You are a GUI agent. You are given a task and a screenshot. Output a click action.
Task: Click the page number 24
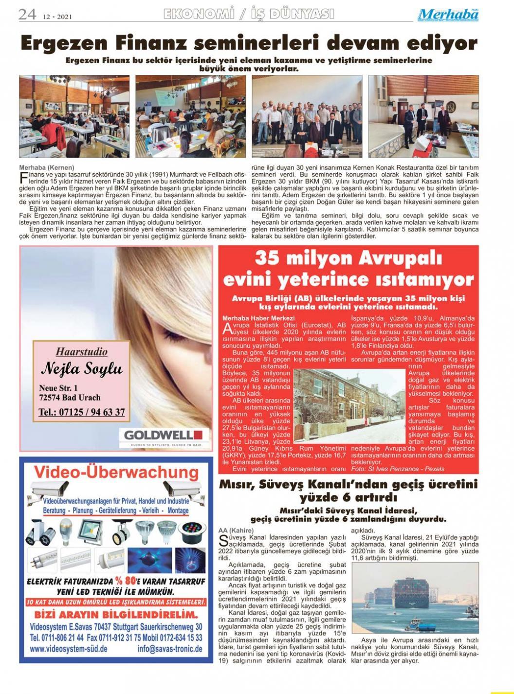click(x=27, y=14)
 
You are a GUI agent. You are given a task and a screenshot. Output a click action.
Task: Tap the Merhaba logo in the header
click(x=448, y=15)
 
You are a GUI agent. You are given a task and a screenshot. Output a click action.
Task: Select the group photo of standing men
click(x=307, y=116)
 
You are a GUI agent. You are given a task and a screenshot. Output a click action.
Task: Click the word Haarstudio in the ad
click(x=81, y=351)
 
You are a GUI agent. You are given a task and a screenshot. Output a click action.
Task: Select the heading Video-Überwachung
click(x=116, y=472)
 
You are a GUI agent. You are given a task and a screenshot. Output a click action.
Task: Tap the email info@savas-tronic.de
click(x=169, y=649)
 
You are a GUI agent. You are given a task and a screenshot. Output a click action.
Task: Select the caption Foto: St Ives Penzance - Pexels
click(x=398, y=469)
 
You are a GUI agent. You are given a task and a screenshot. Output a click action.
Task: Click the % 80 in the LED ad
click(x=126, y=581)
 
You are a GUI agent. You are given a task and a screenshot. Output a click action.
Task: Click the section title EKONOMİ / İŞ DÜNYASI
click(x=249, y=15)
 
